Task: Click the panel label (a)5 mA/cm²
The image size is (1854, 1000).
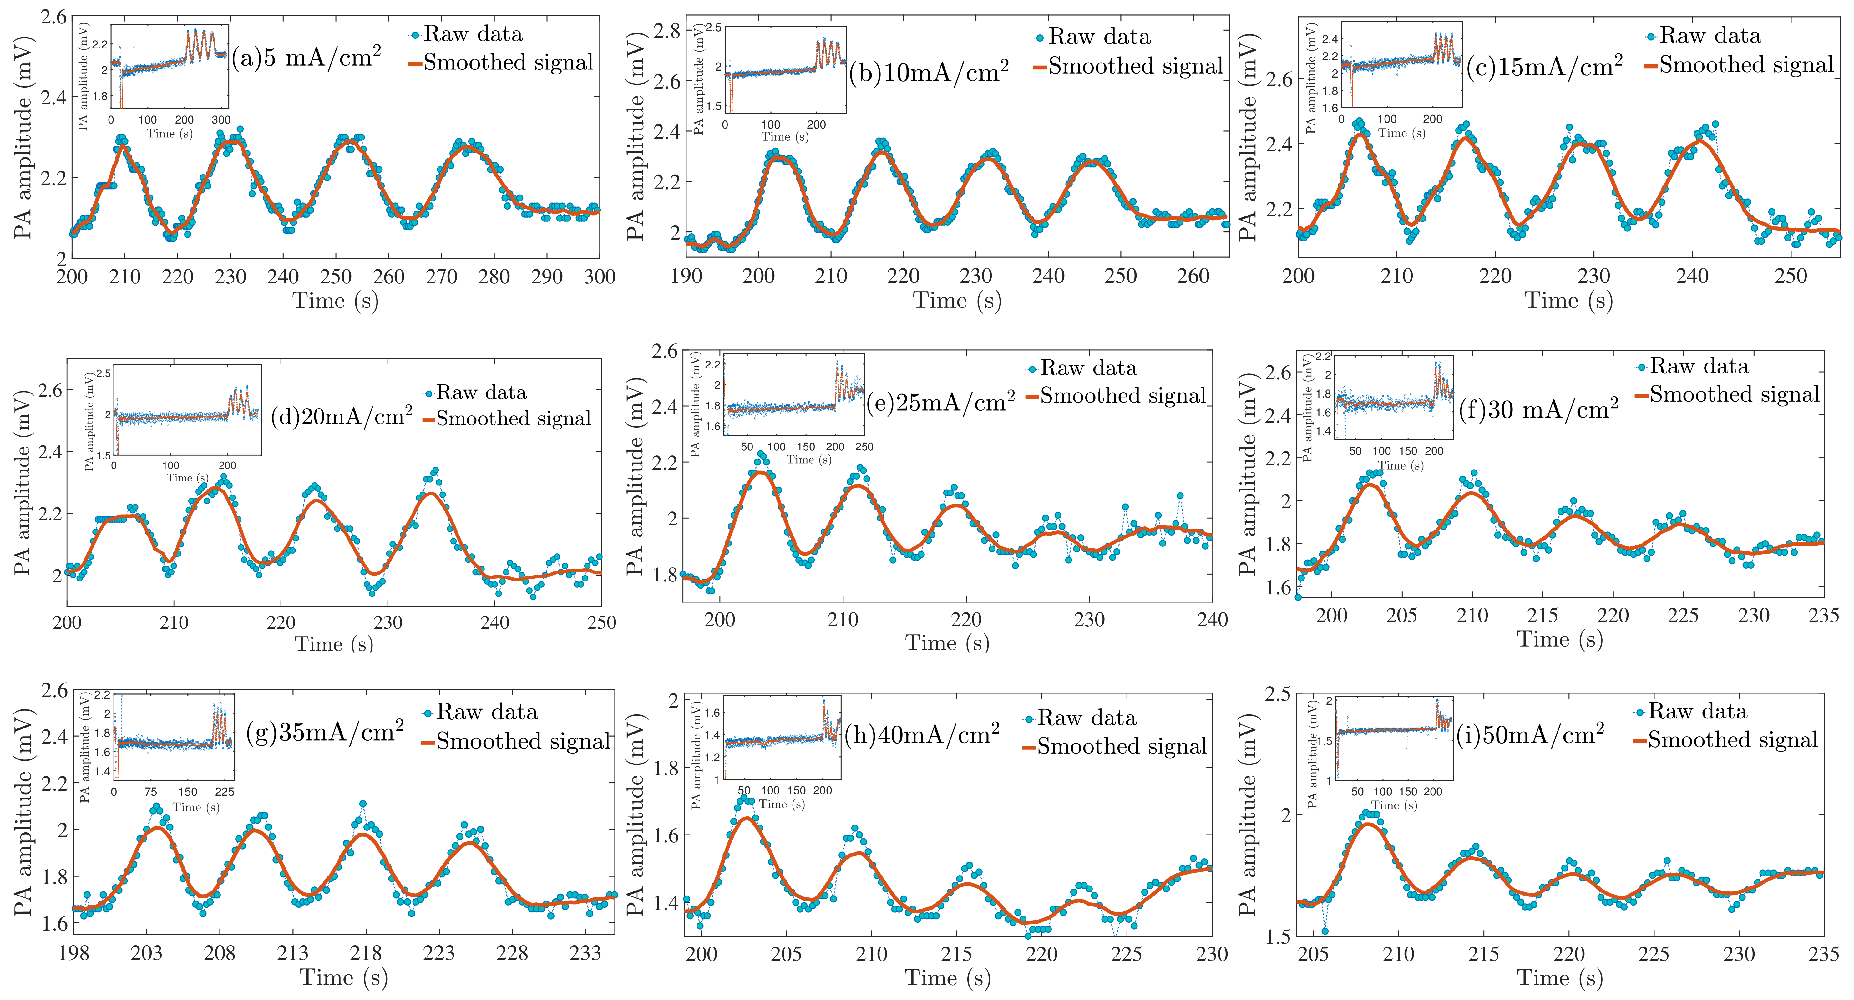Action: [306, 58]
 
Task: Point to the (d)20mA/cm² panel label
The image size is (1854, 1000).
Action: [341, 416]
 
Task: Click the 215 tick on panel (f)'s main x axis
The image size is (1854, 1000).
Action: [1542, 616]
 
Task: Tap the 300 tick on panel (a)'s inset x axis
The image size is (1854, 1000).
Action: [221, 120]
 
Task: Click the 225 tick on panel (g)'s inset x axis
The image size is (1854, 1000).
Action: [225, 792]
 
